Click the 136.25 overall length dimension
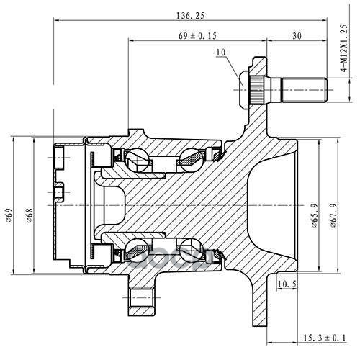[190, 16]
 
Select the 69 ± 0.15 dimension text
[197, 36]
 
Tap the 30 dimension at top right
[297, 36]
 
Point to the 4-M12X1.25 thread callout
[344, 48]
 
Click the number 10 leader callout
[221, 53]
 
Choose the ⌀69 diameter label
[9, 216]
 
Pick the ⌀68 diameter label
[30, 215]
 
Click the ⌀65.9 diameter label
[315, 215]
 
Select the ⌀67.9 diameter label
[333, 215]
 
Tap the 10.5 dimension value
[287, 284]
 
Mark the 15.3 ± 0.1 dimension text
[325, 338]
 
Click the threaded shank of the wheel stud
[304, 90]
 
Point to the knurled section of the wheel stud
[256, 90]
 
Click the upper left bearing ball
[136, 160]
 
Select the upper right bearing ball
[192, 160]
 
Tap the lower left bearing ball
[136, 251]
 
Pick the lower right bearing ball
[192, 251]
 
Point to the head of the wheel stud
[245, 90]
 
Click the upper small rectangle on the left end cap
[60, 158]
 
